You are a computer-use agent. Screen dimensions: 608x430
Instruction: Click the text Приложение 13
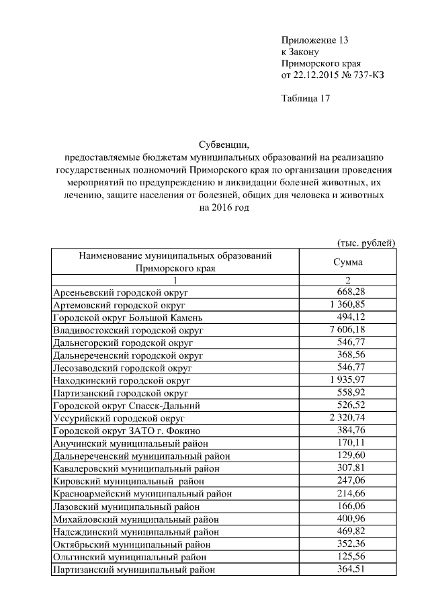click(315, 40)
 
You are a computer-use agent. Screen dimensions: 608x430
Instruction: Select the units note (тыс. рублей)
click(365, 243)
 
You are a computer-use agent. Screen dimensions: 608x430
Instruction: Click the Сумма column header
click(347, 262)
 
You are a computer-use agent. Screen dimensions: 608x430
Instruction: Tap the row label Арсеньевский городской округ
click(121, 293)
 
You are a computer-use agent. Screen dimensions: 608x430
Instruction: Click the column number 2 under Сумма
click(348, 280)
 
